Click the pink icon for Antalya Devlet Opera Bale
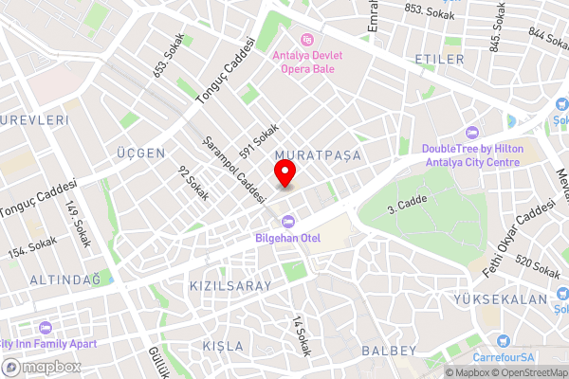click(306, 39)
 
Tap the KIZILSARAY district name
click(229, 285)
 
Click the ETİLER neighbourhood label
click(440, 60)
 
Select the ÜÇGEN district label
click(140, 153)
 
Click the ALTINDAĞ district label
click(64, 280)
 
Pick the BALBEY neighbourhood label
click(389, 351)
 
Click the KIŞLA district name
click(222, 346)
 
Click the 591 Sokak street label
click(259, 141)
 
